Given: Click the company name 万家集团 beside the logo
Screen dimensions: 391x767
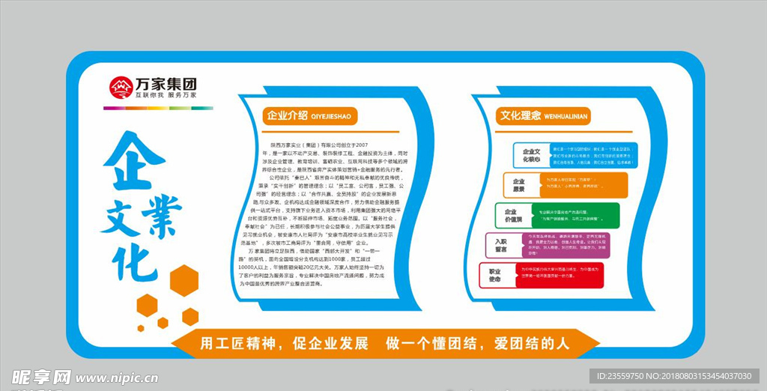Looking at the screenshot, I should click(x=166, y=83).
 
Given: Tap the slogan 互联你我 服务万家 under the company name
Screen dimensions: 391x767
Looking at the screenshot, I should click(x=166, y=96).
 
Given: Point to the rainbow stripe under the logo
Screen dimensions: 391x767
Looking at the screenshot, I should click(x=157, y=108).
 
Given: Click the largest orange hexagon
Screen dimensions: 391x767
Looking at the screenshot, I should click(x=184, y=279).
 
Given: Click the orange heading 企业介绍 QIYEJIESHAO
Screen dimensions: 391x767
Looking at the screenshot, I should click(x=308, y=115).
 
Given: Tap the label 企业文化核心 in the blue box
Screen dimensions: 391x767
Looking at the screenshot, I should click(x=531, y=155).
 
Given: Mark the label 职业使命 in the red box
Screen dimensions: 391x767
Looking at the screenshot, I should click(x=495, y=276).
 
